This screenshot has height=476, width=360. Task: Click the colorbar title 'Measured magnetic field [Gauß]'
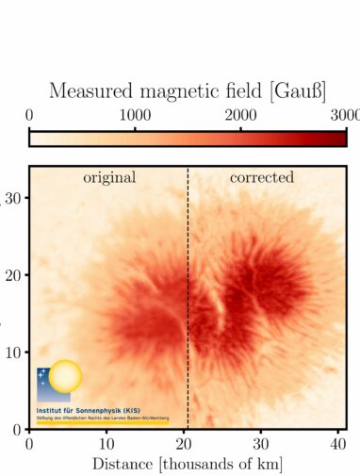188,91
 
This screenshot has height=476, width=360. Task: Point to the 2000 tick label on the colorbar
240,115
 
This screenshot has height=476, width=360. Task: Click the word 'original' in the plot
109,177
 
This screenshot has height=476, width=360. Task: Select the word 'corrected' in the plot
262,177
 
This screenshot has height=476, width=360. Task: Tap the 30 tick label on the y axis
13,197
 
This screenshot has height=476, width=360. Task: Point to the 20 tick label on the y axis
13,274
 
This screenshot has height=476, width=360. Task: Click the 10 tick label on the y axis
13,352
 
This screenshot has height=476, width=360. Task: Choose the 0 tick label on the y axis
18,429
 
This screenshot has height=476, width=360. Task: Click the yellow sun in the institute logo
66,379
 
